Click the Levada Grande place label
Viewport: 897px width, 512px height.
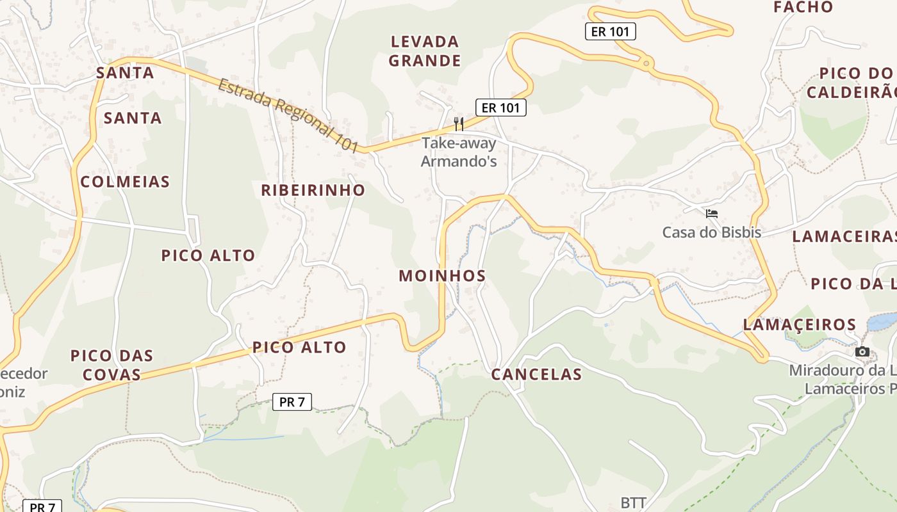425,51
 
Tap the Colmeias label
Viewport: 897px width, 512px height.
125,182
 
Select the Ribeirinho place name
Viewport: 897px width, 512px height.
313,190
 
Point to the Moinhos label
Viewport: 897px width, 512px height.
442,276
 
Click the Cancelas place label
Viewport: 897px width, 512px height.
536,374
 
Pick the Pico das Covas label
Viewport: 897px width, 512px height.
111,365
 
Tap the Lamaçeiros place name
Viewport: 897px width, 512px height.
799,324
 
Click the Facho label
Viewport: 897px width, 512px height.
803,7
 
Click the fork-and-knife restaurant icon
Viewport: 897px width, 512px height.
459,123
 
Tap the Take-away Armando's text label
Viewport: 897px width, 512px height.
459,152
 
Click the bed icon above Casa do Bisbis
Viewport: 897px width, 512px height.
711,214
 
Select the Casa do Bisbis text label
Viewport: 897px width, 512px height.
711,232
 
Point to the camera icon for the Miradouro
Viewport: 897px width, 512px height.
862,351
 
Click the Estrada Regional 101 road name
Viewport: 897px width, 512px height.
288,116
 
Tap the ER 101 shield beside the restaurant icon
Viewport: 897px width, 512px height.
500,108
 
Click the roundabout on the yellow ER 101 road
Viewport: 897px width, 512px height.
646,63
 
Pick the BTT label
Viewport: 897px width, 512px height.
633,502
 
